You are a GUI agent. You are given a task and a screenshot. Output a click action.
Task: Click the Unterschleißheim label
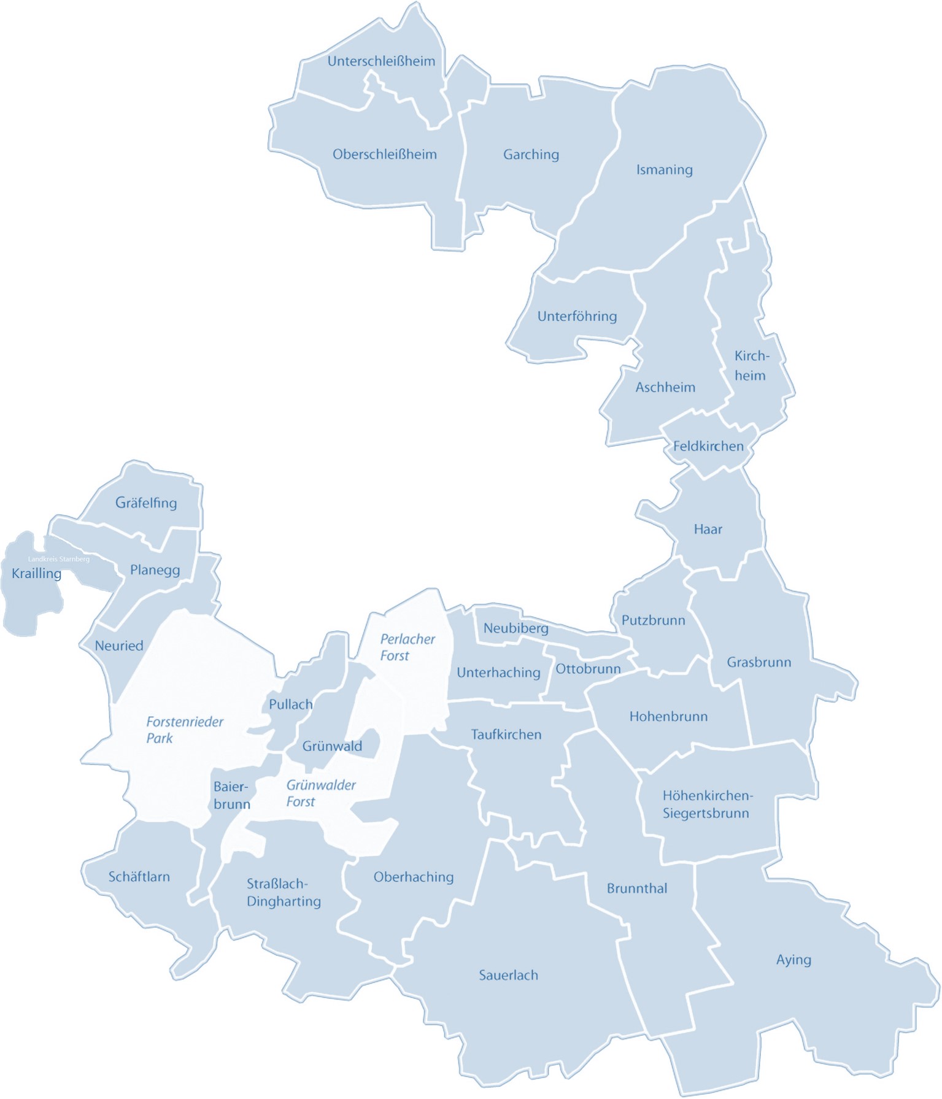(x=381, y=61)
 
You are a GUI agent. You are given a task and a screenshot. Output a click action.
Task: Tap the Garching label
(x=531, y=155)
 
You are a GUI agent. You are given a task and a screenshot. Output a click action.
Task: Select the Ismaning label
(x=664, y=170)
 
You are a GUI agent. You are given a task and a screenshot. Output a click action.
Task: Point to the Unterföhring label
(x=577, y=317)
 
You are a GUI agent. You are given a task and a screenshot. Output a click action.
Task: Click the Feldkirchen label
(x=708, y=447)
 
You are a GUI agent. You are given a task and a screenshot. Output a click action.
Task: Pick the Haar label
(x=708, y=530)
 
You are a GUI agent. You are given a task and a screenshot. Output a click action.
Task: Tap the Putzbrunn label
(x=653, y=620)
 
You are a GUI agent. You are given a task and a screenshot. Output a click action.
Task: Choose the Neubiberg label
(x=515, y=628)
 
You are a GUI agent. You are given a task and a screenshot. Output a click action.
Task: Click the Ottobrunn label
(x=588, y=669)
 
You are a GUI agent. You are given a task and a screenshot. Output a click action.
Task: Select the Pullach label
(x=290, y=704)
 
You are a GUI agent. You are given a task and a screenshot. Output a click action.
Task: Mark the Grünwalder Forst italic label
(x=320, y=793)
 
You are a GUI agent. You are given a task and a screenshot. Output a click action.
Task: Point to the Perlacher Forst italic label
(x=407, y=647)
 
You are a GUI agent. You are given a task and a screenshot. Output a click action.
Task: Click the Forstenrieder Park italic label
(x=184, y=730)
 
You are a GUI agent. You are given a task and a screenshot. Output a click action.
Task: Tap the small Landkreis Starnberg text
(x=59, y=559)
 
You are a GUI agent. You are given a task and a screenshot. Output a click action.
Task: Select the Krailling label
(x=36, y=574)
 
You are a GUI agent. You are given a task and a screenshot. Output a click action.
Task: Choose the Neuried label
(x=119, y=646)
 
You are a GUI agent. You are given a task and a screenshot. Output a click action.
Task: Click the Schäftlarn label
(x=139, y=877)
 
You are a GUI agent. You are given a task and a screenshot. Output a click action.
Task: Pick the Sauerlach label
(x=508, y=975)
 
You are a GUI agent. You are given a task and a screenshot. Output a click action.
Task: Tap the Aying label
(x=793, y=960)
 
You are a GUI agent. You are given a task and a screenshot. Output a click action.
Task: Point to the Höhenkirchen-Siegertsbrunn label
(x=707, y=804)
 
